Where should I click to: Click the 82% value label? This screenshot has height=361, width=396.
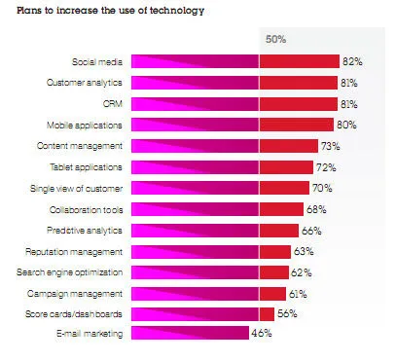[352, 61]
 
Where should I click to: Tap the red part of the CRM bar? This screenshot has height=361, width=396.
[298, 103]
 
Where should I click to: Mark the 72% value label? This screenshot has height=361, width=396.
[331, 166]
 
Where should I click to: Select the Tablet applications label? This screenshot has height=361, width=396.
[89, 166]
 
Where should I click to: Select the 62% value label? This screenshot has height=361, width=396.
[303, 272]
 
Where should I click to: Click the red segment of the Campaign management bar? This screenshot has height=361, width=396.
[273, 293]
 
